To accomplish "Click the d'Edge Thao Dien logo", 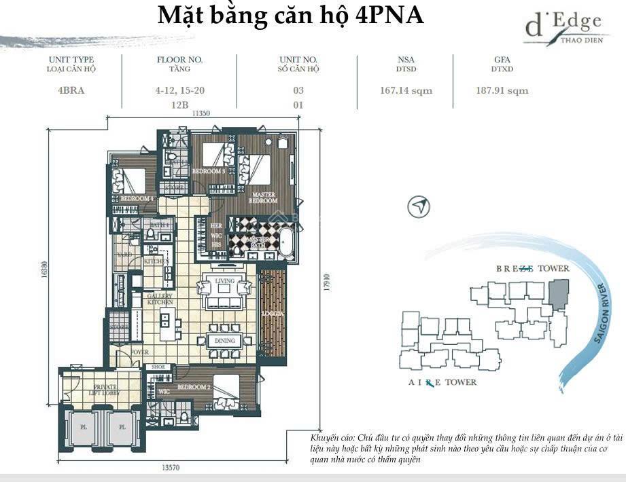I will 563,28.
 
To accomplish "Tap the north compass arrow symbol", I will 419,207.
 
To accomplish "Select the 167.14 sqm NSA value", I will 406,90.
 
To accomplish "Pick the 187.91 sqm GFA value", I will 502,90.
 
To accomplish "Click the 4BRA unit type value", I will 71,90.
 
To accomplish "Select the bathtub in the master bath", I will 286,244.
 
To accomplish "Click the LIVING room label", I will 224,280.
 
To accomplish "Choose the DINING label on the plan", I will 225,341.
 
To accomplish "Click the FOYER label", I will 141,352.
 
